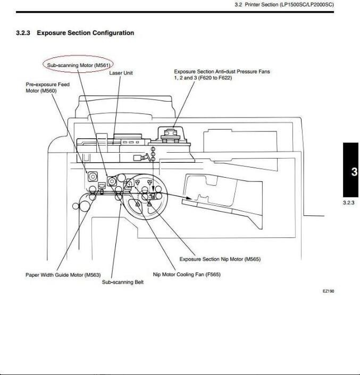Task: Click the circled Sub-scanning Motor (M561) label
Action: click(x=78, y=65)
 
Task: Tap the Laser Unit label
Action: click(x=121, y=73)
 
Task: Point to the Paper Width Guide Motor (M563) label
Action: click(x=63, y=275)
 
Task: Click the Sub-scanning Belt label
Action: click(x=123, y=282)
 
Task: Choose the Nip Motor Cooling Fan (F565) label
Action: click(x=187, y=274)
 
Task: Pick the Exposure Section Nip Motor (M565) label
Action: click(x=220, y=259)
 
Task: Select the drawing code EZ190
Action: click(x=328, y=291)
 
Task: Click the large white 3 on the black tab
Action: click(x=354, y=172)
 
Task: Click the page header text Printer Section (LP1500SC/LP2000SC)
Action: click(x=292, y=5)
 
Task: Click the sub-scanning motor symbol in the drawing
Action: click(x=112, y=181)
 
